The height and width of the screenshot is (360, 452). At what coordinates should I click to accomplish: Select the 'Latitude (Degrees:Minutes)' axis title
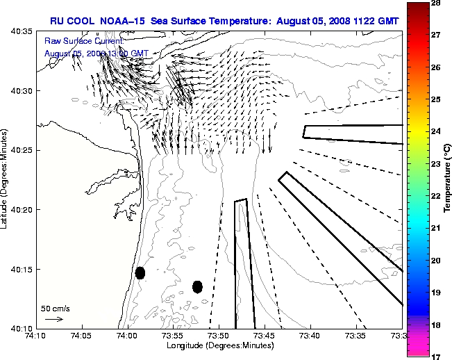point(6,179)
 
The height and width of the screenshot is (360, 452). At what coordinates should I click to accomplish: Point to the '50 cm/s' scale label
point(56,308)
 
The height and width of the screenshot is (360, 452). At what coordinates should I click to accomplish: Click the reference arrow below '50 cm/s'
point(54,319)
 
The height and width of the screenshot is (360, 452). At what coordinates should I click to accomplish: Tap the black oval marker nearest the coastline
point(140,272)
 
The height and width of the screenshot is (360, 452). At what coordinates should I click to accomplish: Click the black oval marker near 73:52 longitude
point(197,286)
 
